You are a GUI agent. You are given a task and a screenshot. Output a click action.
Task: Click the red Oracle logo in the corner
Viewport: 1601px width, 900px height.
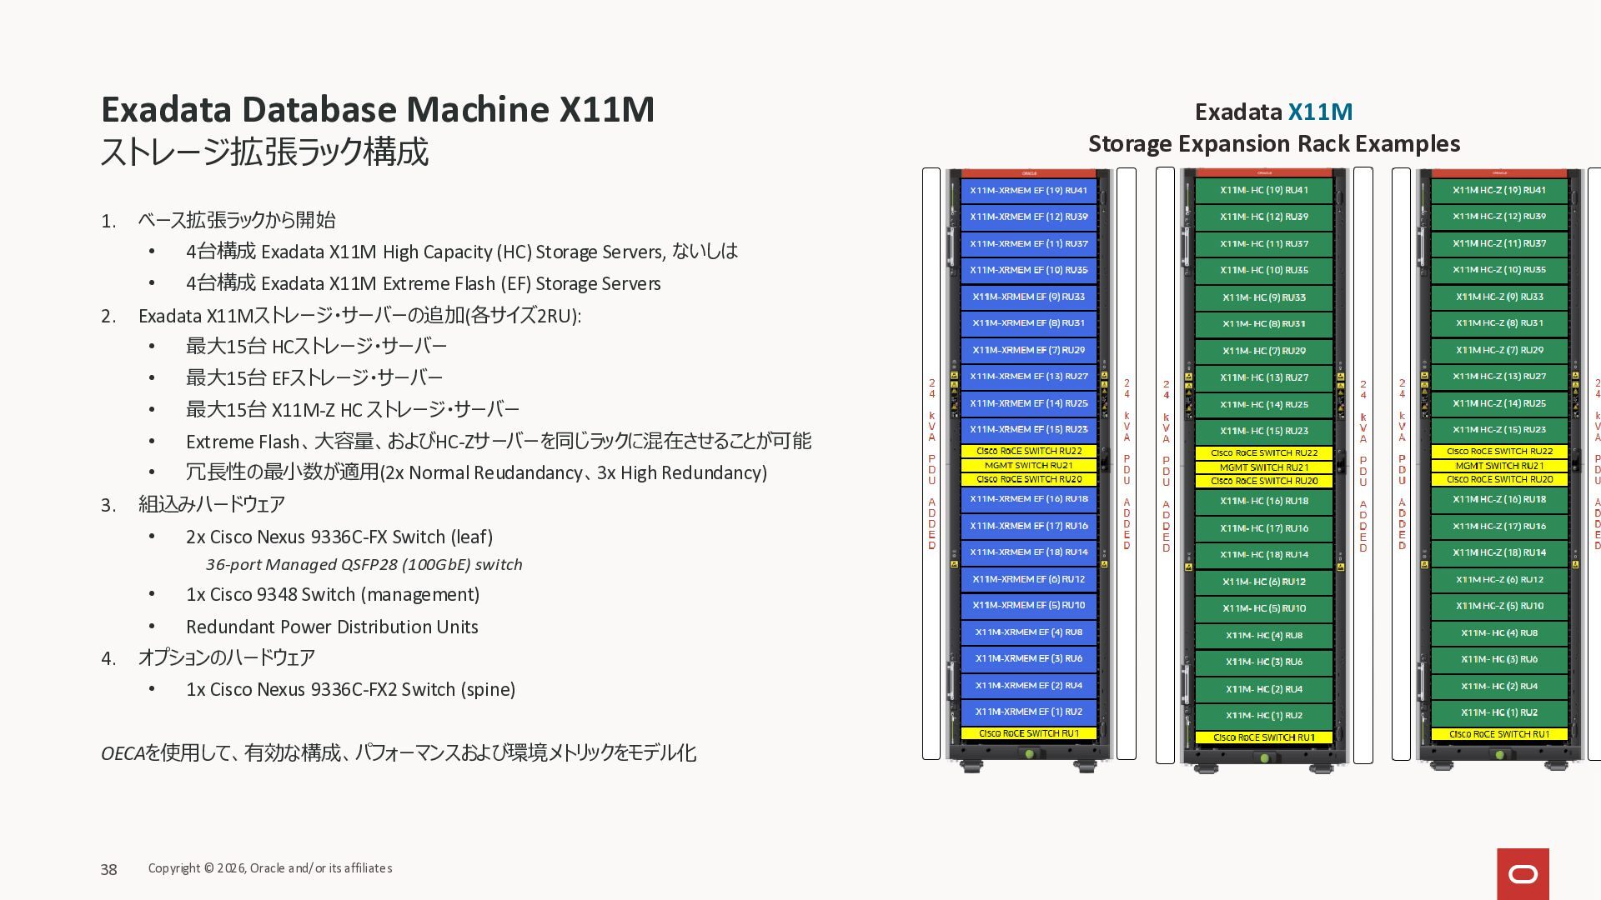pos(1523,873)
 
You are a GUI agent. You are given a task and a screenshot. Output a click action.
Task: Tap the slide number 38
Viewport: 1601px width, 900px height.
pos(108,870)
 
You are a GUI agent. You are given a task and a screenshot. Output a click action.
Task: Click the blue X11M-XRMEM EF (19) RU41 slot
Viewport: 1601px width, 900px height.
pos(1028,191)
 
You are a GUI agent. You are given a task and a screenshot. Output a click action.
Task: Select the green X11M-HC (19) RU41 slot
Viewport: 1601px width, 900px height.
pos(1264,191)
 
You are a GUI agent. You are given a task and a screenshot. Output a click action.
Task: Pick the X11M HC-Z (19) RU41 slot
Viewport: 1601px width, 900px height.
pos(1499,191)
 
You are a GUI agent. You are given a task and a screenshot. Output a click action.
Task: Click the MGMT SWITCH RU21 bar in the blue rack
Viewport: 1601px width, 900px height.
pos(1028,466)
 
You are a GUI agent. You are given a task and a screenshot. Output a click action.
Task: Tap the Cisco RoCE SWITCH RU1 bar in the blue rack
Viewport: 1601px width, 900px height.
pos(1028,734)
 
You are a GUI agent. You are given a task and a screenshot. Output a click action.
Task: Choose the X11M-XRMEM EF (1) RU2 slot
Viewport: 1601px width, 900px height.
pos(1028,712)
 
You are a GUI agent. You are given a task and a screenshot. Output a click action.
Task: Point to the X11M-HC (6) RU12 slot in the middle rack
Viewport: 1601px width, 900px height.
pos(1264,582)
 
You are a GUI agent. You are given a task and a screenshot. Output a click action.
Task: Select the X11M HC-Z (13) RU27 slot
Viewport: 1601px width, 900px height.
pos(1499,377)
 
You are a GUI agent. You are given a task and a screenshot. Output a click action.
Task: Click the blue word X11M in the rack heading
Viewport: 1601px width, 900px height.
pos(1320,112)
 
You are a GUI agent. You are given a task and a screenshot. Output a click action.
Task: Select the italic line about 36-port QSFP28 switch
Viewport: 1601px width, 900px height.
pos(364,565)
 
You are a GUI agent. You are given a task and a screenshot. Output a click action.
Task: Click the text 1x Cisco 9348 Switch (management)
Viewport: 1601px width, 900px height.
pos(332,595)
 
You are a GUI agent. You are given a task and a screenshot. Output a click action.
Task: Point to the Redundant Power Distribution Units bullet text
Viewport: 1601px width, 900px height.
pos(332,627)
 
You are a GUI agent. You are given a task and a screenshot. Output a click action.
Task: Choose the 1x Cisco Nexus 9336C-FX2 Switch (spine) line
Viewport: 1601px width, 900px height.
pos(350,690)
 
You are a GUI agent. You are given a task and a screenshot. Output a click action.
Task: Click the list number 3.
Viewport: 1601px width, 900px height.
pos(108,506)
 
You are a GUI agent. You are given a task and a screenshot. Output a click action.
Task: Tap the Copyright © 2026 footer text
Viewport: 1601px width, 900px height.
pos(269,868)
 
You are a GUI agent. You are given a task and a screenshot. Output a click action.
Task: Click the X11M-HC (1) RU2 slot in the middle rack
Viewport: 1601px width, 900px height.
pos(1264,716)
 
